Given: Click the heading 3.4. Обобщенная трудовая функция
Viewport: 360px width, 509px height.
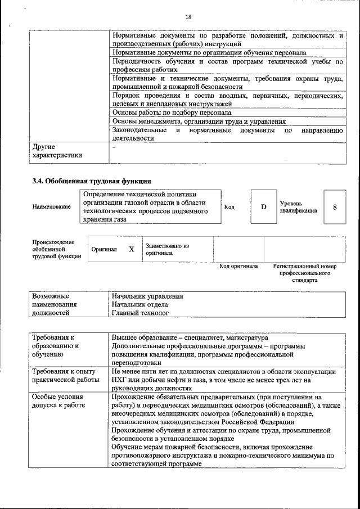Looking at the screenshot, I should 92,181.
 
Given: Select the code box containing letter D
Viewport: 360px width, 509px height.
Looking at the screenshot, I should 263,207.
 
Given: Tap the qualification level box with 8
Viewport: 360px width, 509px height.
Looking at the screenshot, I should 335,207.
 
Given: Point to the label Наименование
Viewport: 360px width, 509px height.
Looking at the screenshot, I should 52,207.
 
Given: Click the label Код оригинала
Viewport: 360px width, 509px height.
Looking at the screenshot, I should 238,266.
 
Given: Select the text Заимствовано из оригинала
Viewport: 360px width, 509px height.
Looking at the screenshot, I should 167,250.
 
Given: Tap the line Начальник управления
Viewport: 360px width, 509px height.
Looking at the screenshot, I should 147,296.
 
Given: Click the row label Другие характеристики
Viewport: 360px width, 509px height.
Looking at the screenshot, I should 57,151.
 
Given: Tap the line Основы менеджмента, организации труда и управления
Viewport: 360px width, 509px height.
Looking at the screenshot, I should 199,121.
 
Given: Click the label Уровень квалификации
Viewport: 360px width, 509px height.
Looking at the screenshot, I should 298,207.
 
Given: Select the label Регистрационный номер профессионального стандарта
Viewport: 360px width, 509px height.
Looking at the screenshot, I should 304,273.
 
